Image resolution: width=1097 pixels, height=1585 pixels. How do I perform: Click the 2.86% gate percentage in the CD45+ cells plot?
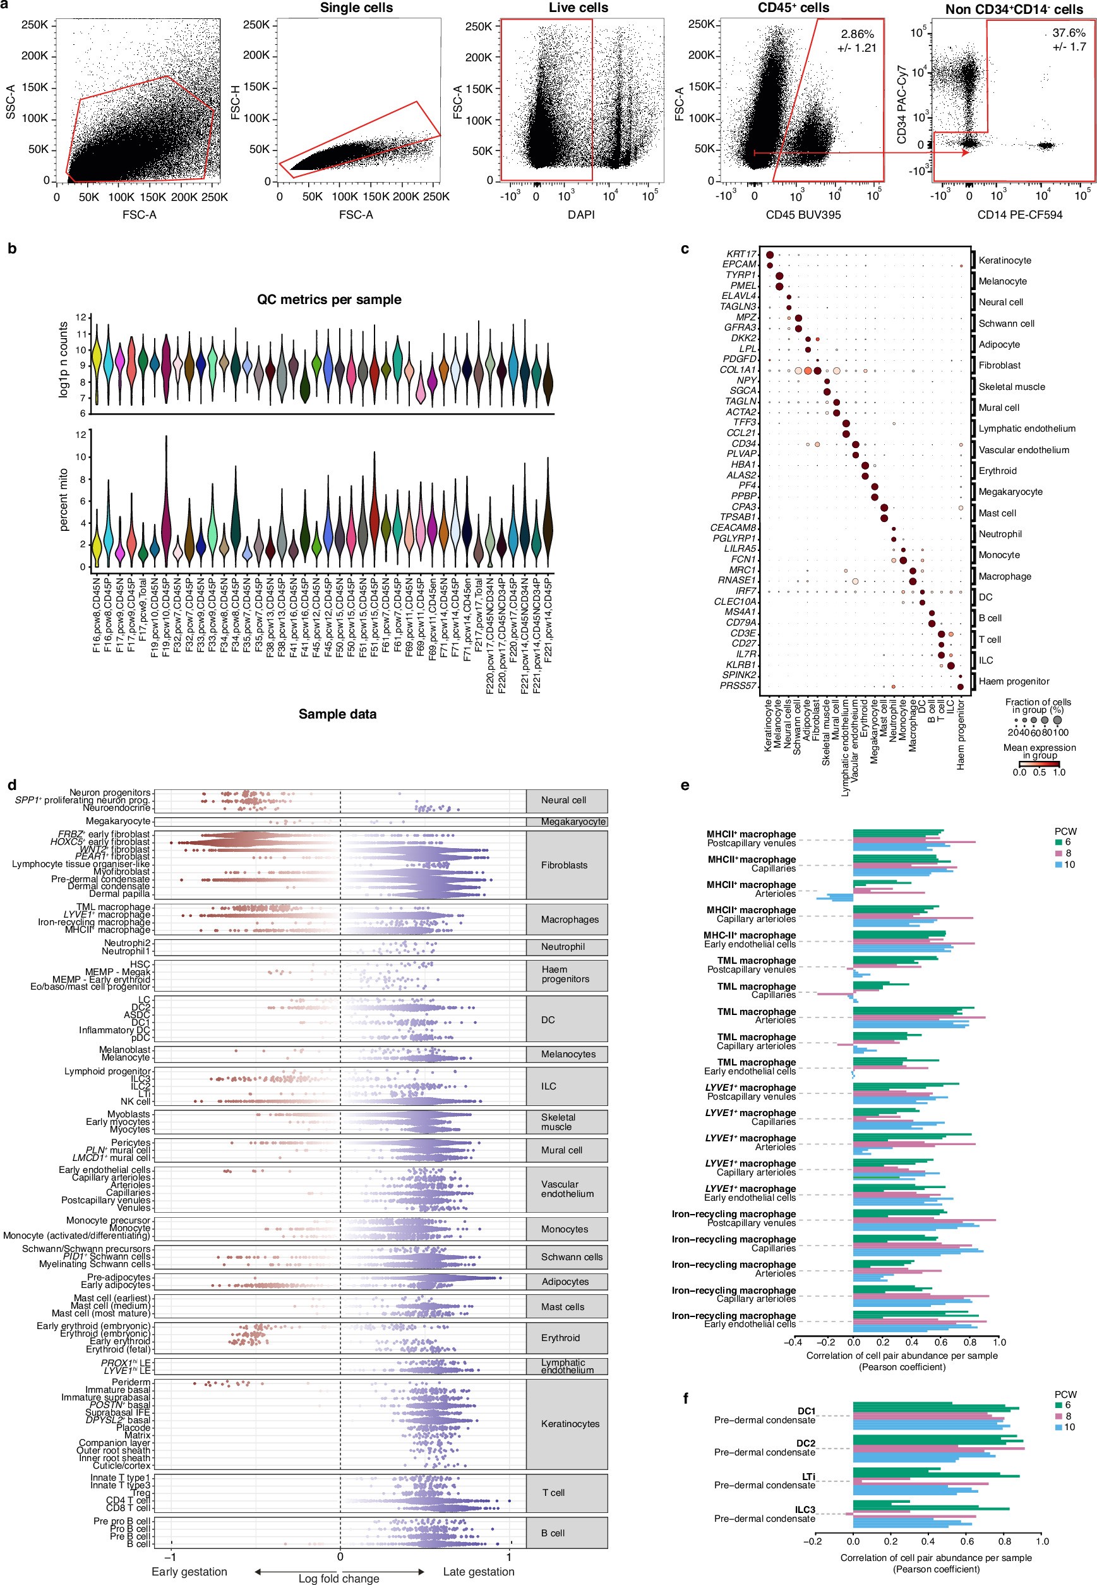click(857, 34)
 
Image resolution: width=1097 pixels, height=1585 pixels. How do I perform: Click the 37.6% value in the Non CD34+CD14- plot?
click(1069, 33)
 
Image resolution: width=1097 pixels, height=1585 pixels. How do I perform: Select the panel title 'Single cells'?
click(356, 8)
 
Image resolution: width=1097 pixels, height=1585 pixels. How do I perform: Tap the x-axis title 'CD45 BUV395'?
click(803, 214)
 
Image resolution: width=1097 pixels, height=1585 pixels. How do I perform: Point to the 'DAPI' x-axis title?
click(581, 214)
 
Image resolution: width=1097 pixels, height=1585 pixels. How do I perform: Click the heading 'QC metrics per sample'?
click(328, 300)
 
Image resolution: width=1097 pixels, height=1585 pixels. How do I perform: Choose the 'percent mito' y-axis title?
click(63, 499)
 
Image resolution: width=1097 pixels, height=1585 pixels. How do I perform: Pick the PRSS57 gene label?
click(738, 686)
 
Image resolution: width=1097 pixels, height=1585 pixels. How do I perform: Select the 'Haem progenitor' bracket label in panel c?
click(1014, 681)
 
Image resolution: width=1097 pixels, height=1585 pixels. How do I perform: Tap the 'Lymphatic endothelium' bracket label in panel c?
click(1027, 428)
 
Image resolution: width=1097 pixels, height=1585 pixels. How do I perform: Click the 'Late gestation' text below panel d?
click(478, 1571)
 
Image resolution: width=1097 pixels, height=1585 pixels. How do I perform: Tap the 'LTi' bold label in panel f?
click(808, 1476)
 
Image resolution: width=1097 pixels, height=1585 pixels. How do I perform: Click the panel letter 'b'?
click(12, 249)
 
